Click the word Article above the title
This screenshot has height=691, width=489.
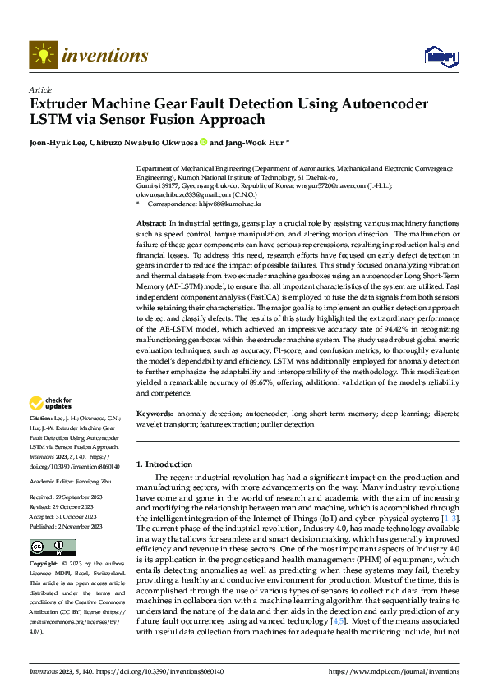pyautogui.click(x=39, y=89)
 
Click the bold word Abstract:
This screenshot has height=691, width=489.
pyautogui.click(x=151, y=224)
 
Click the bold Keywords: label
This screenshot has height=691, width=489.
pyautogui.click(x=155, y=414)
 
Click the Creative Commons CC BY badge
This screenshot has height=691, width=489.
pyautogui.click(x=52, y=547)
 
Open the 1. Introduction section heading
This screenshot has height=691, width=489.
pyautogui.click(x=164, y=464)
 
